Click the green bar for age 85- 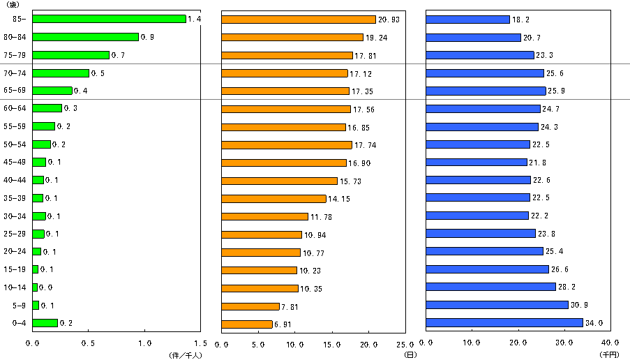coord(109,19)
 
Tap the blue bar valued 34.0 coord(504,323)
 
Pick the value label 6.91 coord(284,324)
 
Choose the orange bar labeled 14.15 coord(273,198)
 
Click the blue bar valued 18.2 coord(467,19)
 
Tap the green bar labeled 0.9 coord(85,37)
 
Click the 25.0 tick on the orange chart coord(405,343)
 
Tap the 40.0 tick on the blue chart coord(610,343)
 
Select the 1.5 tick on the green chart coord(200,343)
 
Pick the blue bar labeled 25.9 coord(486,91)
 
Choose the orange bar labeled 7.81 coord(250,306)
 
